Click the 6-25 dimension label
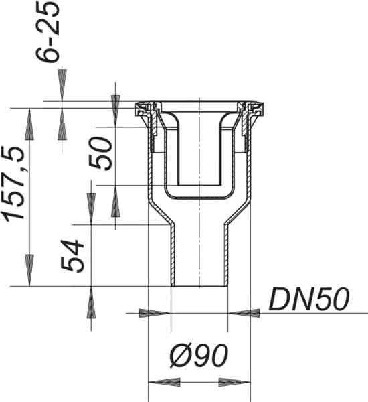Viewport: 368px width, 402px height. (48, 32)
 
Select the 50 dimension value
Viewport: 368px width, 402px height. (100, 153)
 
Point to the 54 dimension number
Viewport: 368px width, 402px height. (72, 256)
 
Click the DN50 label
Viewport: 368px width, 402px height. (309, 299)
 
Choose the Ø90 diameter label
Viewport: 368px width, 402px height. (199, 356)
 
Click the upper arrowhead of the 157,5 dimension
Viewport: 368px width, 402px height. (29, 124)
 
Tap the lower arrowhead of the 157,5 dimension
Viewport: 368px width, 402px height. (29, 270)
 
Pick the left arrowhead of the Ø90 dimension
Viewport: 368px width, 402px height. (164, 382)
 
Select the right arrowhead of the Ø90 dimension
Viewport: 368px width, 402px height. (234, 382)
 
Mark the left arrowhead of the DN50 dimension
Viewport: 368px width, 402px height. (155, 313)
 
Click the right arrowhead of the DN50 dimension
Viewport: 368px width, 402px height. (244, 313)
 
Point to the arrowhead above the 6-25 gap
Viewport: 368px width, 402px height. (62, 85)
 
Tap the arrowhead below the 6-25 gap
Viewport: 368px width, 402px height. (62, 124)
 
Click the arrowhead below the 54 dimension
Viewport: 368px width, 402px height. (91, 302)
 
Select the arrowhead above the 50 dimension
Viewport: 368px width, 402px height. (115, 111)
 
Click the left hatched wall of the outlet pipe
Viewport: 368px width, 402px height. (173, 256)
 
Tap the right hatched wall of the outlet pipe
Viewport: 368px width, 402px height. (226, 256)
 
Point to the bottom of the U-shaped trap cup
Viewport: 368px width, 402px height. (199, 198)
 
